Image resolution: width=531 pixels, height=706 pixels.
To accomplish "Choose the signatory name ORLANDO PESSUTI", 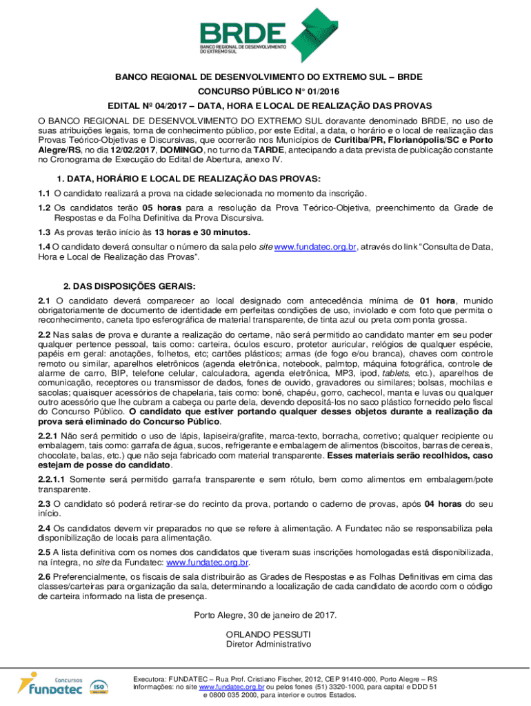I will (x=268, y=634).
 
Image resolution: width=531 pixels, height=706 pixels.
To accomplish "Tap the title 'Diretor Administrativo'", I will (x=268, y=645).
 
